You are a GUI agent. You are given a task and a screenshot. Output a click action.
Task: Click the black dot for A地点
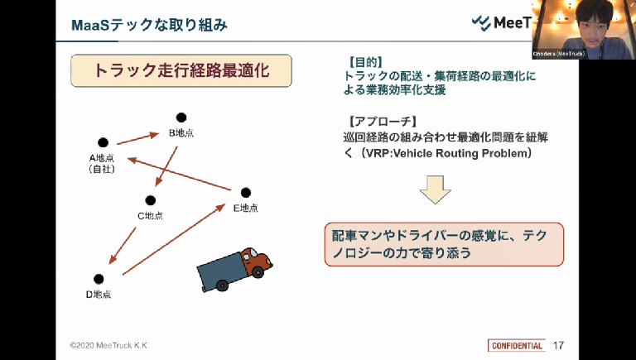pos(103,142)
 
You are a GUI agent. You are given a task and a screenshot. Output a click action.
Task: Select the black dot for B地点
pos(181,118)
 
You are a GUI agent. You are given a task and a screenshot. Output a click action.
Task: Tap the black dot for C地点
pos(150,199)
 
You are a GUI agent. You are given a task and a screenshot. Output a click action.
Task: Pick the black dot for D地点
pos(99,278)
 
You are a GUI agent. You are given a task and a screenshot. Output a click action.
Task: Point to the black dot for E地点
pos(245,193)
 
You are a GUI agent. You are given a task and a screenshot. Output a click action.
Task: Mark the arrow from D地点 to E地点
pos(174,238)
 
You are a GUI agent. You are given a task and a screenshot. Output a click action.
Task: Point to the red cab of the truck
pos(258,263)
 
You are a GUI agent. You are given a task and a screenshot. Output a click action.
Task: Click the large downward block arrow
pos(435,189)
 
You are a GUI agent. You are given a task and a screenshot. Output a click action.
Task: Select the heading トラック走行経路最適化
pos(182,71)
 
